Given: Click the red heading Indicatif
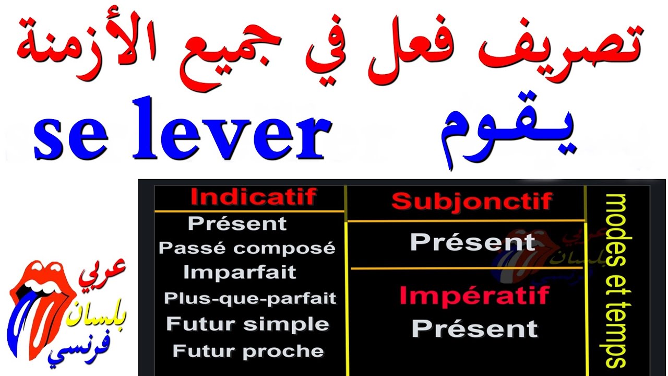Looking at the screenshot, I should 253,197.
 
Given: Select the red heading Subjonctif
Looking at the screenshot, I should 472,201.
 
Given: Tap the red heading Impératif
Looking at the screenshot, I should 474,296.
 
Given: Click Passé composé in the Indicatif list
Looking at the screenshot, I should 247,248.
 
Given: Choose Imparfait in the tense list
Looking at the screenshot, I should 240,272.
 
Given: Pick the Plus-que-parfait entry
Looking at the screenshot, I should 250,298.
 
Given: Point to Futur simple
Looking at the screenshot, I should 247,324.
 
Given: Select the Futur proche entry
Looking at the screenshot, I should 248,350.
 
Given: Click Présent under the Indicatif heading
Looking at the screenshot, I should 237,224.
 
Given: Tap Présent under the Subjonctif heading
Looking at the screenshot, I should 473,242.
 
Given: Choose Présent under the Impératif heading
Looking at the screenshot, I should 474,328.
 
